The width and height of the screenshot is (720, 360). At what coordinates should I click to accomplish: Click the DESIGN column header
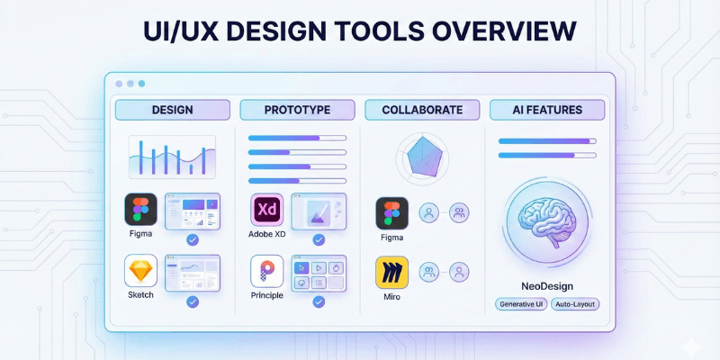tap(172, 110)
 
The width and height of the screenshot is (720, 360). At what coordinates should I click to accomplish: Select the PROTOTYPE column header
tap(297, 110)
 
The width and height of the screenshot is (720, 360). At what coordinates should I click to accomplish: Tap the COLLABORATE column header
tap(422, 110)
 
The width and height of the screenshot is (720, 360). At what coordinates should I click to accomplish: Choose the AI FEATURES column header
tap(547, 110)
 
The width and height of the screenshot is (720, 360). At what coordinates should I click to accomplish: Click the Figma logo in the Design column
tap(140, 210)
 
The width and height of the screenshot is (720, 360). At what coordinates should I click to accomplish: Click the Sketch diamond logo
tap(140, 271)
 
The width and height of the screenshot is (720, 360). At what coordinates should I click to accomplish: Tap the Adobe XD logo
tap(267, 210)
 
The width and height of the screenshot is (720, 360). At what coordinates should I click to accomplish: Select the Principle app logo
tap(267, 271)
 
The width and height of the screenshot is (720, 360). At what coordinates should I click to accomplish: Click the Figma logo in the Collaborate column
tap(392, 213)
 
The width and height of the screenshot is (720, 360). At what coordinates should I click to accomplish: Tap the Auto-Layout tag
tap(576, 304)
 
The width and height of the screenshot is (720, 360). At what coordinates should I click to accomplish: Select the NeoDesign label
tap(547, 286)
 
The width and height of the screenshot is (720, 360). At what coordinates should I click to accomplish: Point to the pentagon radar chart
tap(422, 157)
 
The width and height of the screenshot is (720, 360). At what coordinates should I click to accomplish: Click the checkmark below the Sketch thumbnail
tap(192, 301)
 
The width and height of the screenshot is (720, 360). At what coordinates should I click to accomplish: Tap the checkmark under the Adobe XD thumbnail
tap(319, 239)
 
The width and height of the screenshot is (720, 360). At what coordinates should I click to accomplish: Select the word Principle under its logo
tap(267, 294)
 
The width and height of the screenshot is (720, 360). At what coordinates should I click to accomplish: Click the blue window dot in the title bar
tap(141, 84)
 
